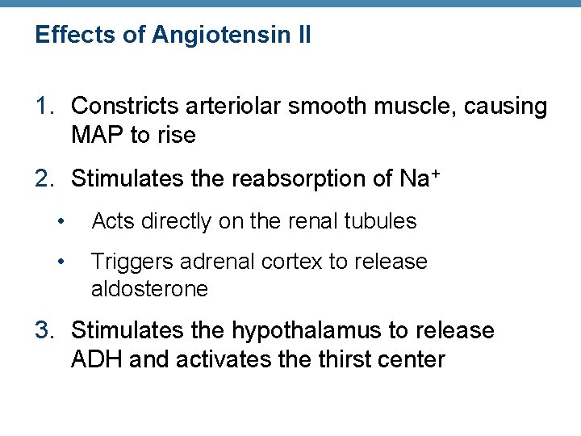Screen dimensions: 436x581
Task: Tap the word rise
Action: [176, 135]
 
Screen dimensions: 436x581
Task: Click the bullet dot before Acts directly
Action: [59, 221]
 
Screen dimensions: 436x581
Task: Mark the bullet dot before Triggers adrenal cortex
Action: [59, 262]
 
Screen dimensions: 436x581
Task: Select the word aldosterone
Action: [149, 288]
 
